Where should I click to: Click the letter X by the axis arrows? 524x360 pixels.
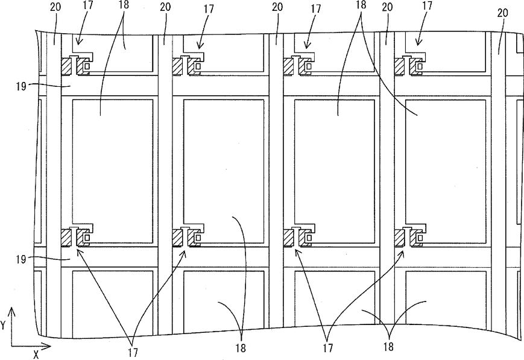[x=36, y=355]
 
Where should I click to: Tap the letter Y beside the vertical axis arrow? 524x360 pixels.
[x=3, y=326]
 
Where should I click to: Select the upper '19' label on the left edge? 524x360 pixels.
[x=21, y=87]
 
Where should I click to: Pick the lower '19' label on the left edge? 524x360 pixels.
[x=21, y=259]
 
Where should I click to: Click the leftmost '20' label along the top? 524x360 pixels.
[x=55, y=7]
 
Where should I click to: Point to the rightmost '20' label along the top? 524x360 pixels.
[x=503, y=13]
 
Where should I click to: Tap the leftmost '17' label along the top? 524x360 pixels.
[x=88, y=5]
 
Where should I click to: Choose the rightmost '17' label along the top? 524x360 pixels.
[x=427, y=5]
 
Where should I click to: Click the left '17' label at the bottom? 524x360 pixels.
[x=133, y=352]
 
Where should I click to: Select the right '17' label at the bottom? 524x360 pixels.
[x=328, y=348]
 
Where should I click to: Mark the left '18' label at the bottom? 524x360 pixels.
[x=241, y=349]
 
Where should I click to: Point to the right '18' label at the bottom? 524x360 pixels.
[x=388, y=347]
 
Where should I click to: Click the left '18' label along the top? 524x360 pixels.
[x=124, y=5]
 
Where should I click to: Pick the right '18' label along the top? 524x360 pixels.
[x=361, y=5]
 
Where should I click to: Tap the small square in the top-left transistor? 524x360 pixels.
[x=87, y=66]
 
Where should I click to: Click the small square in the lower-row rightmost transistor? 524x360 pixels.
[x=420, y=238]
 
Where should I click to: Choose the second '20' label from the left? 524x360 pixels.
[x=165, y=7]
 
